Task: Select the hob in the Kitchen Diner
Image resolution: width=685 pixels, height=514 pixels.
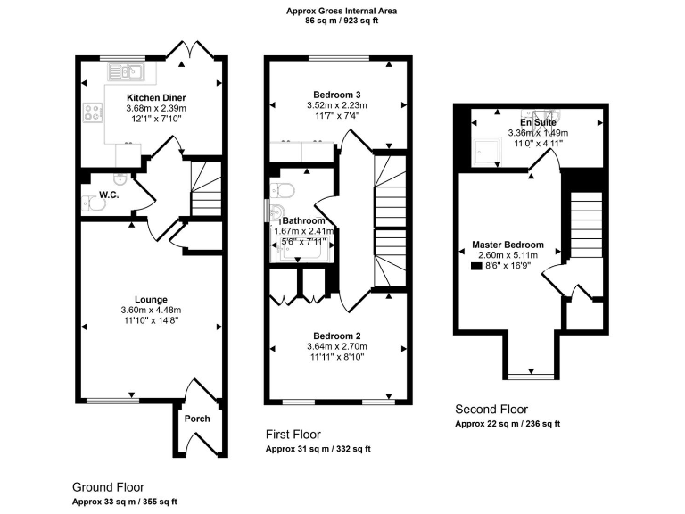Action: point(93,112)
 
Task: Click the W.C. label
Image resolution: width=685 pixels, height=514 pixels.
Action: point(110,195)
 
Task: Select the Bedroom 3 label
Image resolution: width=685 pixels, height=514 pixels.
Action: point(337,94)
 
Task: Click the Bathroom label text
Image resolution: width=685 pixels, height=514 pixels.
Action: point(304,220)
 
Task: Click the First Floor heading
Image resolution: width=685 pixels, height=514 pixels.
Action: point(299,434)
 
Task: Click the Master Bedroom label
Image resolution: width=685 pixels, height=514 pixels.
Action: point(508,245)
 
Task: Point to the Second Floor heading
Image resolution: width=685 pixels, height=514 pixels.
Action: point(491,410)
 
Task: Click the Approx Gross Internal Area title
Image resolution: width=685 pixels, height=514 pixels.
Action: point(342,11)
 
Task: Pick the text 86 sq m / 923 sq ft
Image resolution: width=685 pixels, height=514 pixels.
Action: point(342,21)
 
